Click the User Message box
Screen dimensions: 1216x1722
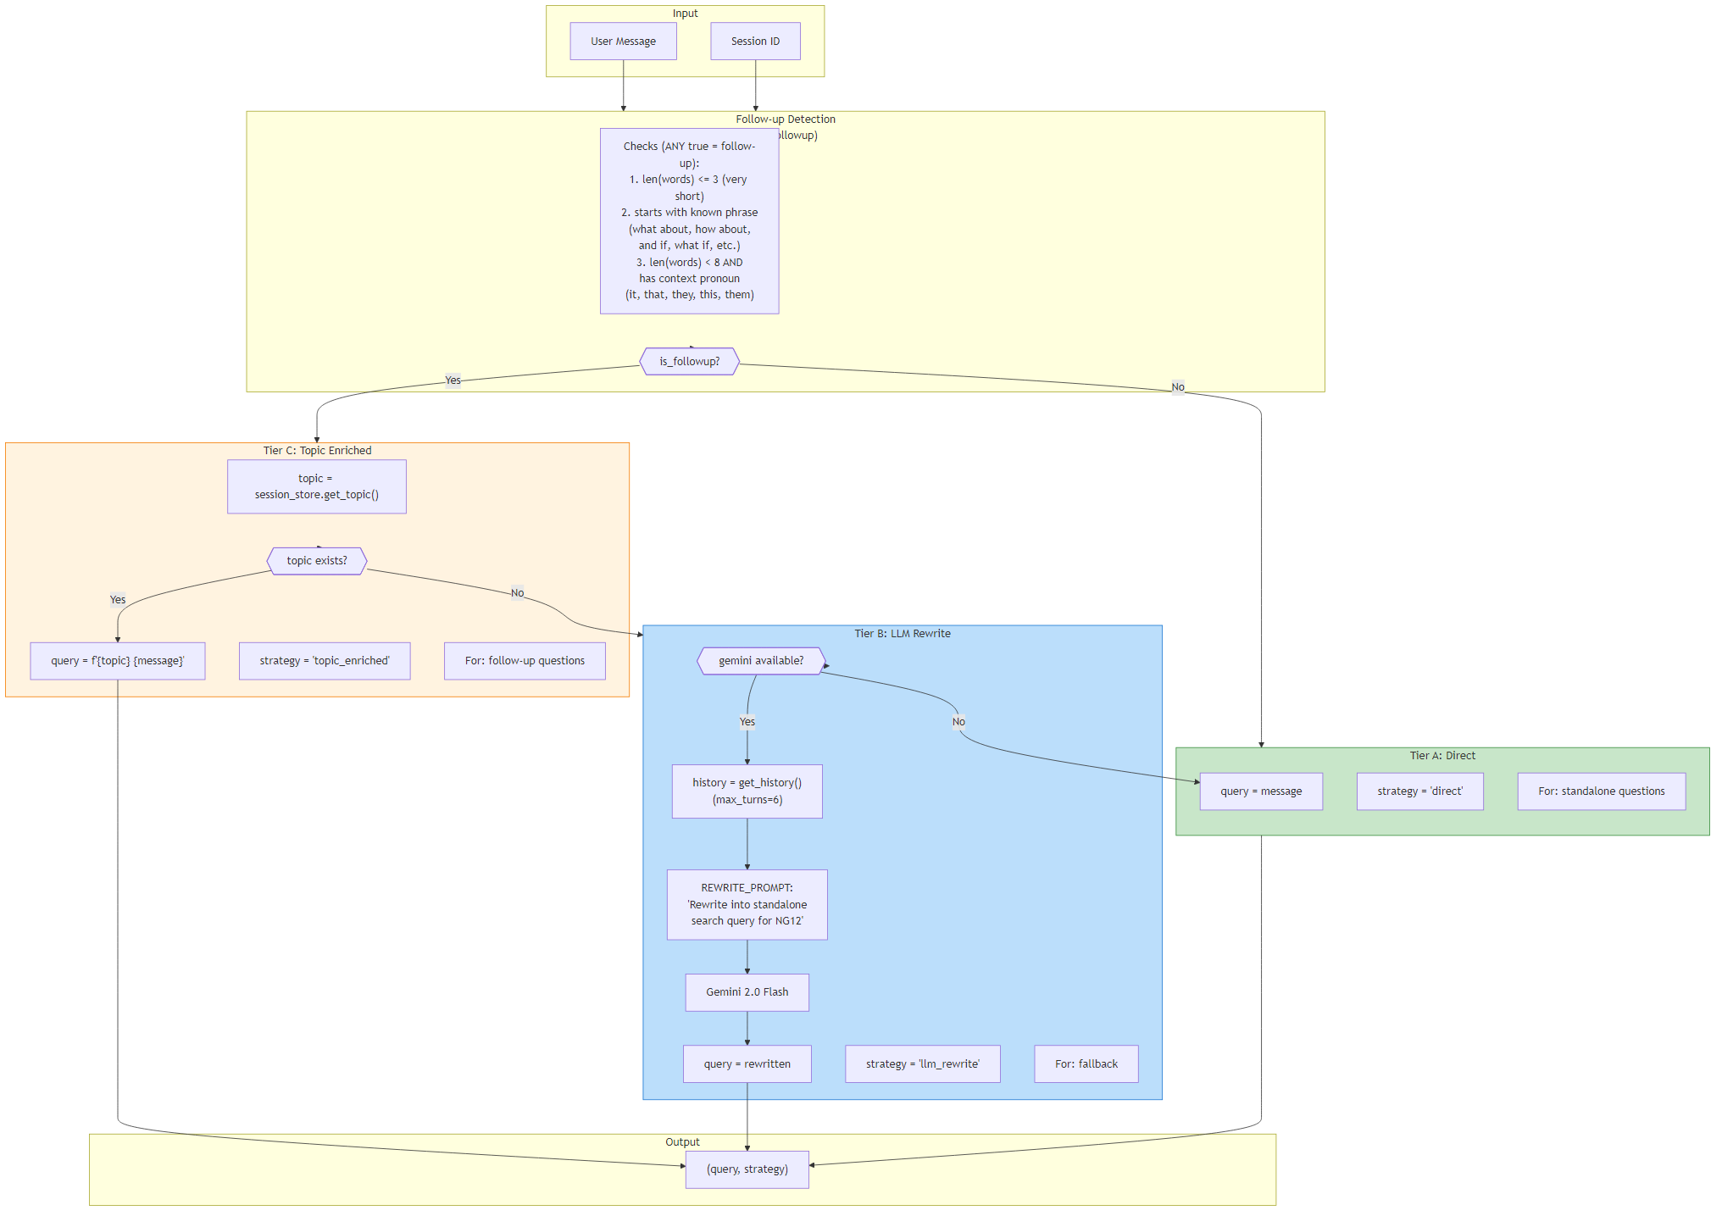pyautogui.click(x=623, y=42)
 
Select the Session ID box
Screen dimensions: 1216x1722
pyautogui.click(x=755, y=42)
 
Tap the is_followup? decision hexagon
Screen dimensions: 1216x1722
pyautogui.click(x=689, y=362)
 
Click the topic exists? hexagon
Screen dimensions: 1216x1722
pyautogui.click(x=316, y=561)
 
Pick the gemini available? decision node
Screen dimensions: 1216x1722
pyautogui.click(x=760, y=661)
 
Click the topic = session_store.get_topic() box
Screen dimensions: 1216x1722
pyautogui.click(x=316, y=486)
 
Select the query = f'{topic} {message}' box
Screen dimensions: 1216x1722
pyautogui.click(x=117, y=661)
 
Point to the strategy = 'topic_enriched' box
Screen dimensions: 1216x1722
pyautogui.click(x=324, y=661)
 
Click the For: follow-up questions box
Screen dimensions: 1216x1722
pyautogui.click(x=525, y=661)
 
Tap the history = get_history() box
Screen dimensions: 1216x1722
pyautogui.click(x=747, y=791)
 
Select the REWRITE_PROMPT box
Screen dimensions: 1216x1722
pyautogui.click(x=747, y=904)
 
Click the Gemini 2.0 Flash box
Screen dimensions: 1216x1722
pyautogui.click(x=747, y=992)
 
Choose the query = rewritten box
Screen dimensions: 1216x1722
pyautogui.click(x=747, y=1064)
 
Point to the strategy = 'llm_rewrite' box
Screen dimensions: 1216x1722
pyautogui.click(x=922, y=1064)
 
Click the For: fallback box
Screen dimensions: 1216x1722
pyautogui.click(x=1086, y=1064)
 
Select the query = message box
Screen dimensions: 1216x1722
pyautogui.click(x=1260, y=791)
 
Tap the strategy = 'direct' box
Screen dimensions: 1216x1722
pyautogui.click(x=1419, y=791)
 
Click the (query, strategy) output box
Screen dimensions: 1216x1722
pyautogui.click(x=747, y=1169)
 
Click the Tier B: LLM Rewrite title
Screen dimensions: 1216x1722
pyautogui.click(x=902, y=634)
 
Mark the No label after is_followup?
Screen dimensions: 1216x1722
pyautogui.click(x=1177, y=387)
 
